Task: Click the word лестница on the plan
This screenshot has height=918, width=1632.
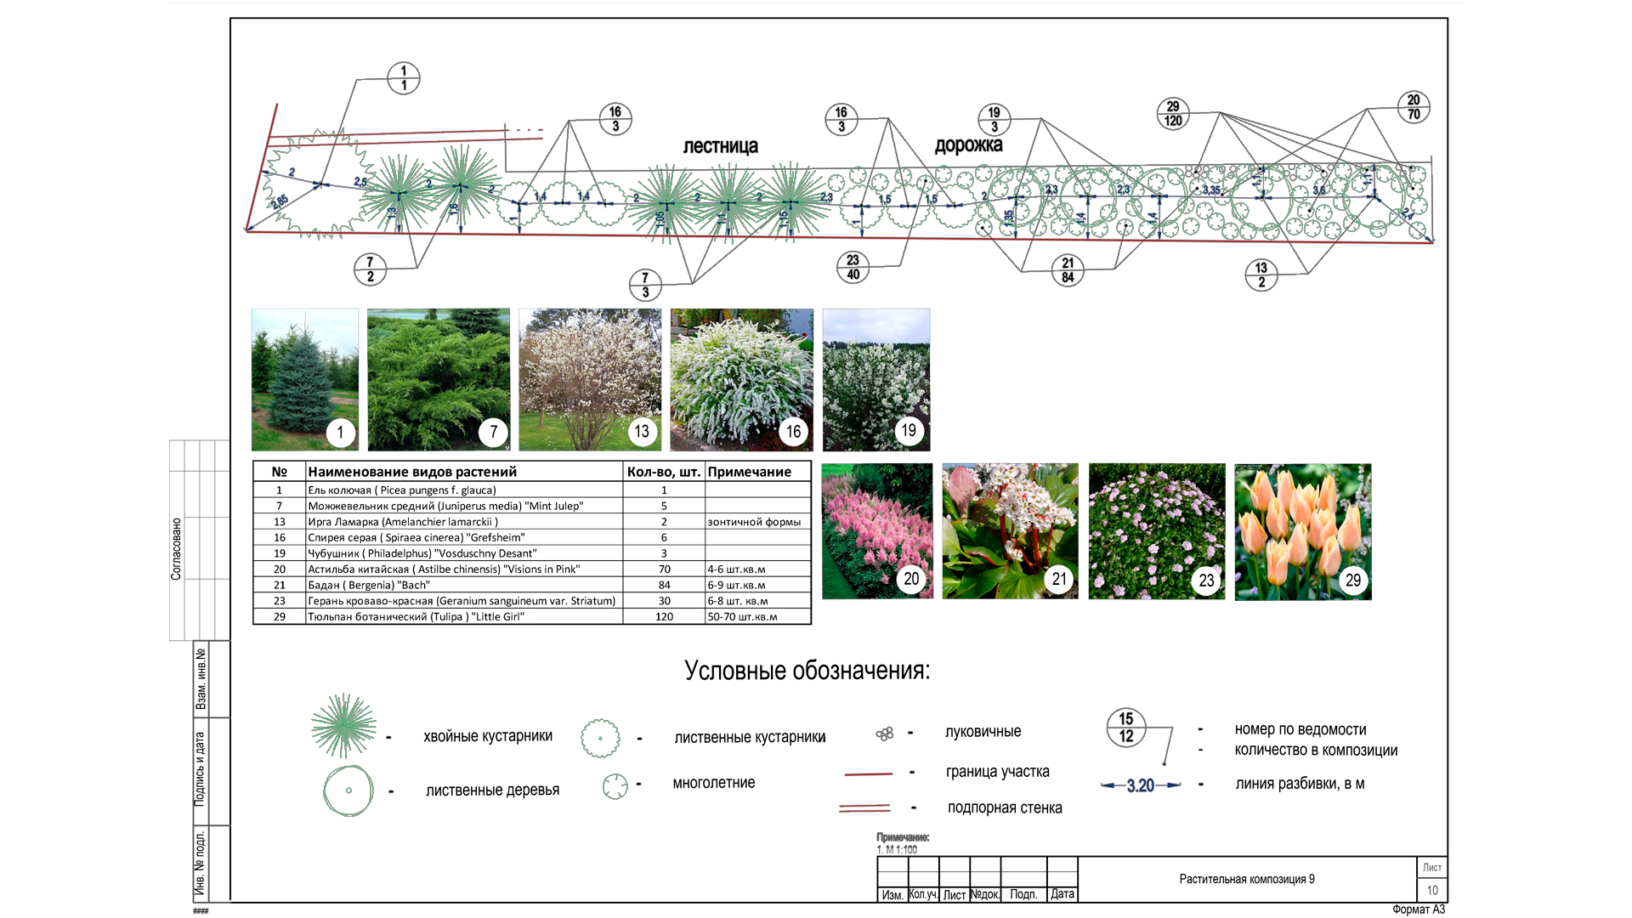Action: coord(720,146)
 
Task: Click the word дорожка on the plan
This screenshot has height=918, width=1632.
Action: coord(968,145)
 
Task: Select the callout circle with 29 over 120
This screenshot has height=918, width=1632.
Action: coord(1173,113)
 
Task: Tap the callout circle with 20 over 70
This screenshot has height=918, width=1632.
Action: coord(1414,107)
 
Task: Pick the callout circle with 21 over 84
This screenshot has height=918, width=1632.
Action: coord(1068,270)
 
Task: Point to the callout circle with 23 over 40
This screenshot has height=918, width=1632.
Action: coord(853,267)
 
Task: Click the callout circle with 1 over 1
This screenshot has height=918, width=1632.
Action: coord(404,78)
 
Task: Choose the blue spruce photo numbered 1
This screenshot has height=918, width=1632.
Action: coord(304,379)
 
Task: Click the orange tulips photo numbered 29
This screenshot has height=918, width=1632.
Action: coord(1302,531)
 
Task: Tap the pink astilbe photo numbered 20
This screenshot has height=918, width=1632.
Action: coord(877,530)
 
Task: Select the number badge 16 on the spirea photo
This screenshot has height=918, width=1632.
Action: coord(793,432)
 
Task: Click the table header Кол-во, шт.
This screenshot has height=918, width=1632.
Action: coord(663,472)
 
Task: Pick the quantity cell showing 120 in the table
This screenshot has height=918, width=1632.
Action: coord(664,617)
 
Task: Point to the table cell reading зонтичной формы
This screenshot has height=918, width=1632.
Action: coord(754,522)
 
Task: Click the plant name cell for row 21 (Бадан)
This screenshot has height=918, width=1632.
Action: coord(463,585)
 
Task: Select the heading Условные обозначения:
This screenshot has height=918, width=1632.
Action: coord(807,671)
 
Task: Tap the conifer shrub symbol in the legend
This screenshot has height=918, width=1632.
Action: coord(343,725)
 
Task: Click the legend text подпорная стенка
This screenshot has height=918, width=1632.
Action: coord(1005,807)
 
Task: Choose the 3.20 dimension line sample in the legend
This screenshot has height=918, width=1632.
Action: coord(1141,785)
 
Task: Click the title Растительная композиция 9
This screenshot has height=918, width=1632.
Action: coord(1246,879)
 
